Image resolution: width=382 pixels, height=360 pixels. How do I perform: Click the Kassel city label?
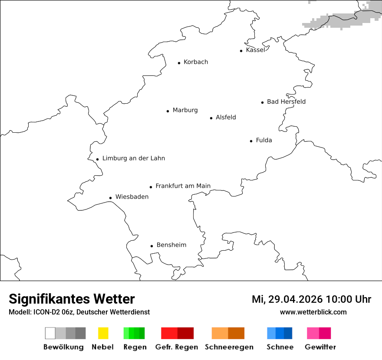(255, 50)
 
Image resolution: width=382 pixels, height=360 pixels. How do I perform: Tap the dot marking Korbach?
(179, 63)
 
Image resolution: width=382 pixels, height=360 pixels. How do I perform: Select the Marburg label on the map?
(185, 110)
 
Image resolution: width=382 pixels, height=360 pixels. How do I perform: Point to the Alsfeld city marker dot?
(211, 118)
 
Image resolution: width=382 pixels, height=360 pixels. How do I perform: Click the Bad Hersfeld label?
(286, 101)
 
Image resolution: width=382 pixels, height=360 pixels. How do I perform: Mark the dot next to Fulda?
(251, 141)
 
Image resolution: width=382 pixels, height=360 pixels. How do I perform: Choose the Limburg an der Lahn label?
(134, 158)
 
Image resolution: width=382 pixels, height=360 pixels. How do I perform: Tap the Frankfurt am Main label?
(183, 186)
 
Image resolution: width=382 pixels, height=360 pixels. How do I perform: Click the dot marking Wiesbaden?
(111, 198)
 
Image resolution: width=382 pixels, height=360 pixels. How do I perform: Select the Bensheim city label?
(171, 245)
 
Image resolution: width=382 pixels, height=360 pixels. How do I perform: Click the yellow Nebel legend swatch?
(103, 333)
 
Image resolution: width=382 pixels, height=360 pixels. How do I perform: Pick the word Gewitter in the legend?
(320, 347)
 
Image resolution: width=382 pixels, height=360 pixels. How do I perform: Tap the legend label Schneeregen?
(229, 347)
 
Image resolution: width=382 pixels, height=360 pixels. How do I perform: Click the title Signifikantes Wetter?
(72, 299)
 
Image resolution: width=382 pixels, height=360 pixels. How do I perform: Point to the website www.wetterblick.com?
(313, 312)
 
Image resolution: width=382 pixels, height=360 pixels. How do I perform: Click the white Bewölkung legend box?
(50, 333)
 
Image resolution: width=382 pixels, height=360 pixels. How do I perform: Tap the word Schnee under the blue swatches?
(280, 347)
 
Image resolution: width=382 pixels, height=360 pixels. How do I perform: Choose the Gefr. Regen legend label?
(177, 347)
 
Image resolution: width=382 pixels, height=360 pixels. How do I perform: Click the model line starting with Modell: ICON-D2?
(79, 312)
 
